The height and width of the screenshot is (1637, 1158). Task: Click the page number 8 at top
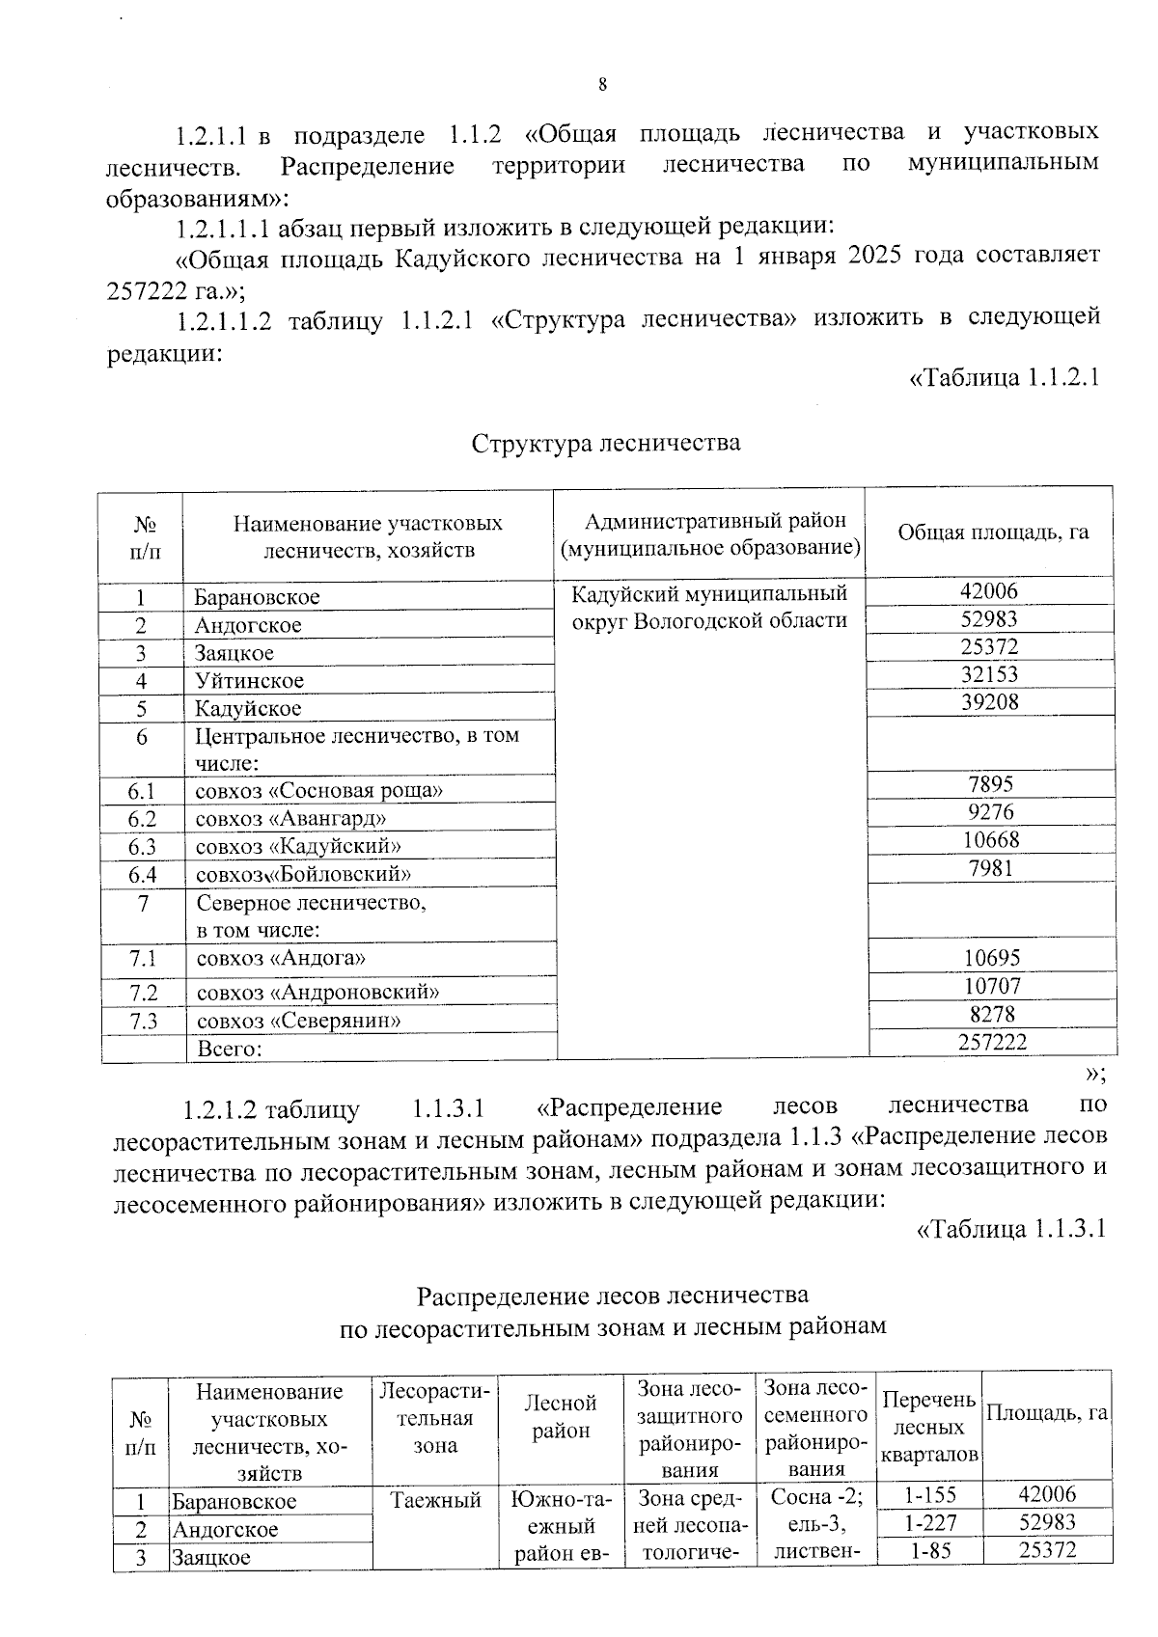(603, 85)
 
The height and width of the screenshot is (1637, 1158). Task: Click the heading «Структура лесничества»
(606, 443)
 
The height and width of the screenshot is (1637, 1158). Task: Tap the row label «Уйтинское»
(249, 681)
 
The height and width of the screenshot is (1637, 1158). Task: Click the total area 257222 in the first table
(992, 1042)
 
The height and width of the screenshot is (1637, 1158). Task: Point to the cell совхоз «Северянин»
(299, 1021)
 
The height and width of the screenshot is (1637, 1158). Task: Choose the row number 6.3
(142, 847)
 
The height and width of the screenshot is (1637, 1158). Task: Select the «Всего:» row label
(230, 1049)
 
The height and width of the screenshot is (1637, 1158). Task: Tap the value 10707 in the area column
(991, 986)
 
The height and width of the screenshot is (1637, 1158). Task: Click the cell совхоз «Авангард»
(290, 819)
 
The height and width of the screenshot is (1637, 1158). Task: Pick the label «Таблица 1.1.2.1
(1006, 378)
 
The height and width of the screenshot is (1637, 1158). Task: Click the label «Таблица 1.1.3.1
(1009, 1229)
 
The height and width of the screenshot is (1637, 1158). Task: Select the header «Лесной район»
(561, 1417)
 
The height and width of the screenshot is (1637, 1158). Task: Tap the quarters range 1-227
(929, 1522)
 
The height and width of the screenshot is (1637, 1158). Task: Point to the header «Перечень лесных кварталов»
(929, 1427)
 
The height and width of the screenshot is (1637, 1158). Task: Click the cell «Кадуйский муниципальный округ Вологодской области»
(709, 606)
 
